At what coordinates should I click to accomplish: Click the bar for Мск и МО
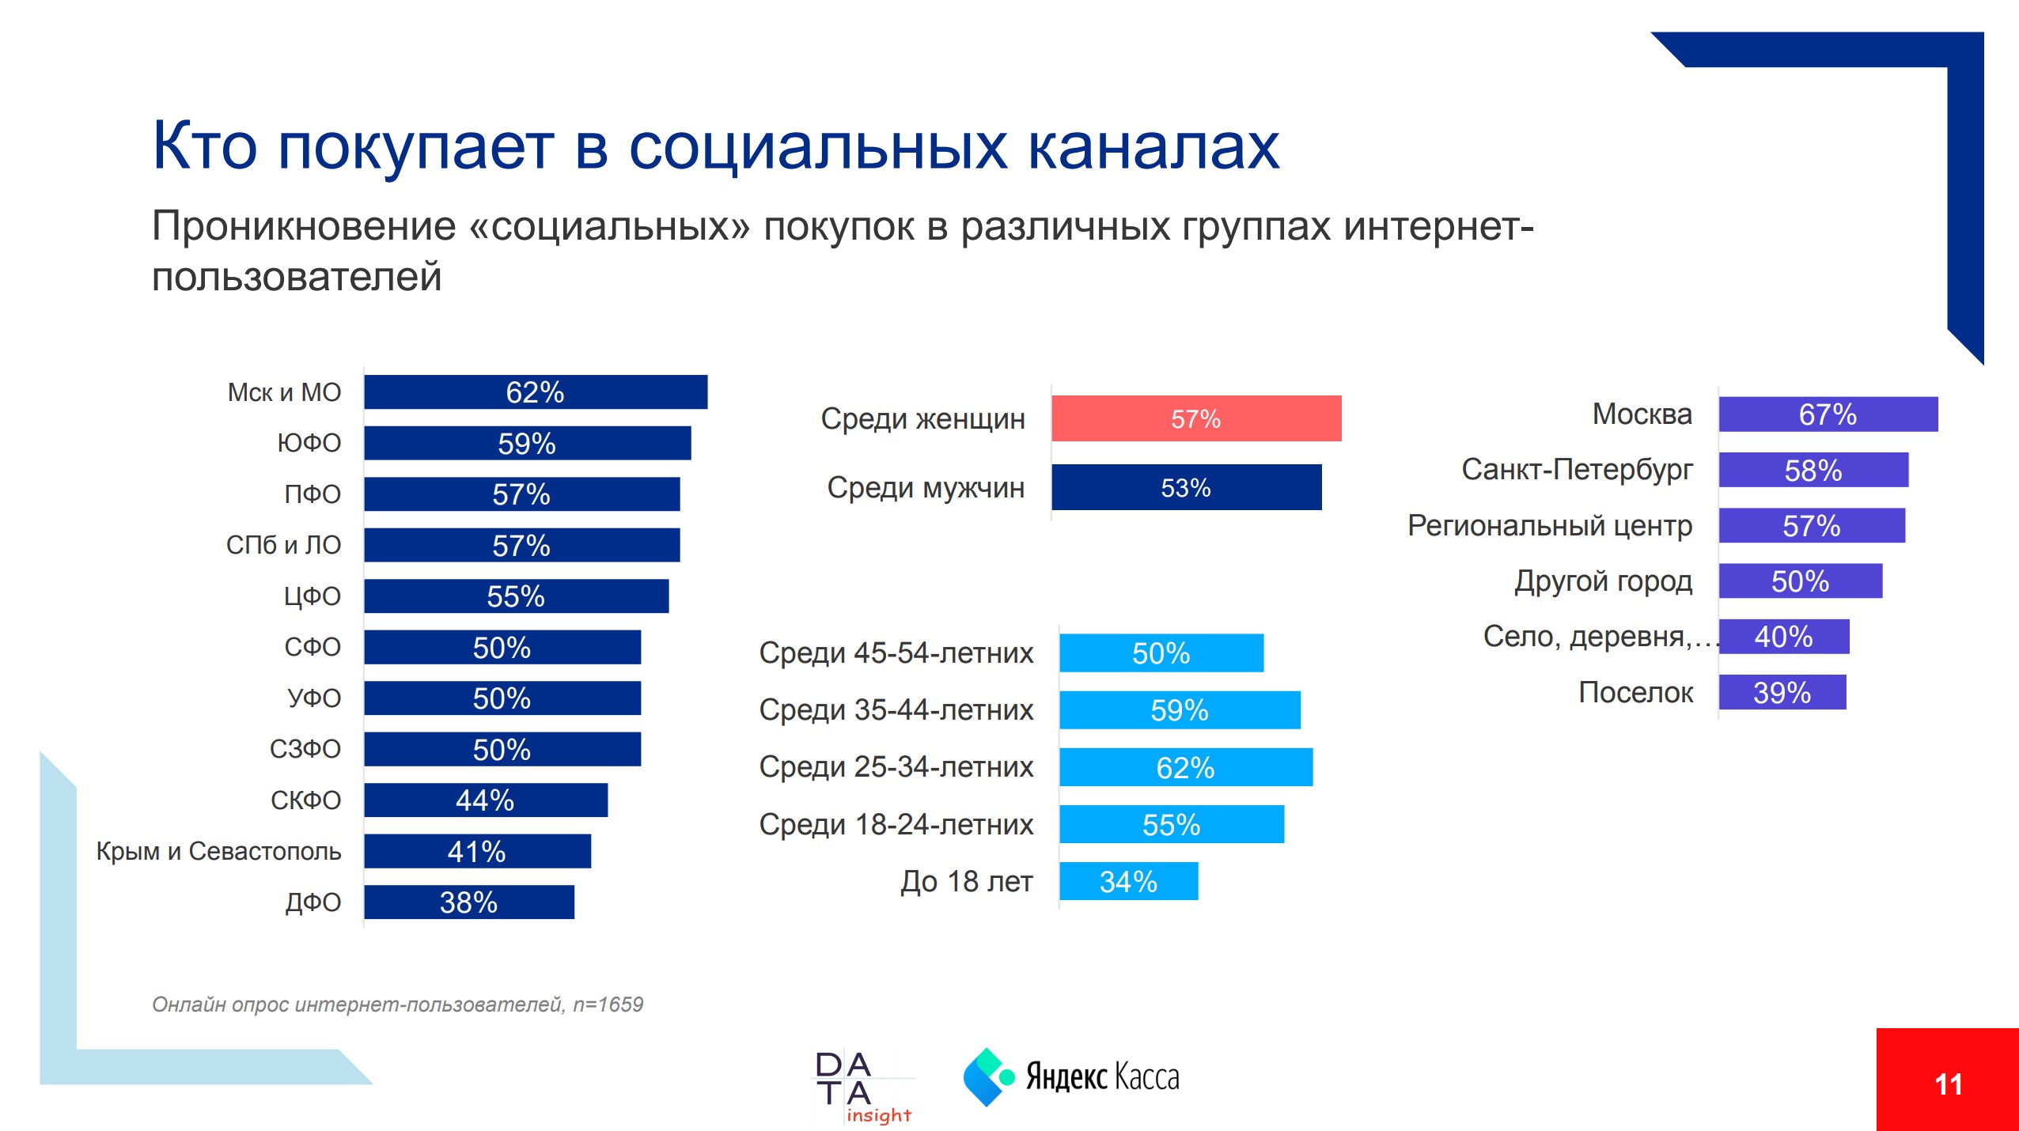pyautogui.click(x=536, y=392)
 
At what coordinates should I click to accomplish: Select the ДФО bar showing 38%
pyautogui.click(x=469, y=902)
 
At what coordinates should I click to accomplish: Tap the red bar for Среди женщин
pyautogui.click(x=1195, y=418)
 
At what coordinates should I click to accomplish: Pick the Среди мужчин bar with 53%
pyautogui.click(x=1186, y=487)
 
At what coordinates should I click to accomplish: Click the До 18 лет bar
pyautogui.click(x=1128, y=881)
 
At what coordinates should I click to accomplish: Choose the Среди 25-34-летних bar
pyautogui.click(x=1185, y=767)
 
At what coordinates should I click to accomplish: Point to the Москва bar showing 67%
pyautogui.click(x=1828, y=414)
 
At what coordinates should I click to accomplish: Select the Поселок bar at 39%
pyautogui.click(x=1782, y=693)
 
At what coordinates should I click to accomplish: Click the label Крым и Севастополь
pyautogui.click(x=218, y=851)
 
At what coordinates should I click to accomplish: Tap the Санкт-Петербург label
pyautogui.click(x=1577, y=470)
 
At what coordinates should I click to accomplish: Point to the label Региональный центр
pyautogui.click(x=1549, y=526)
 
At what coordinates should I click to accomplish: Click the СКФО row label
pyautogui.click(x=305, y=800)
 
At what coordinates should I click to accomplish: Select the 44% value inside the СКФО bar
pyautogui.click(x=485, y=800)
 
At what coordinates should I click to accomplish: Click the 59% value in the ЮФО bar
pyautogui.click(x=527, y=444)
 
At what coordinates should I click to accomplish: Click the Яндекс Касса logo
pyautogui.click(x=1071, y=1077)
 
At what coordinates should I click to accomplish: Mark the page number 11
pyautogui.click(x=1948, y=1084)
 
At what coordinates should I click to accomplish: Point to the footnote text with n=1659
pyautogui.click(x=397, y=1004)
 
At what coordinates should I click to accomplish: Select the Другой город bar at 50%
pyautogui.click(x=1800, y=581)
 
